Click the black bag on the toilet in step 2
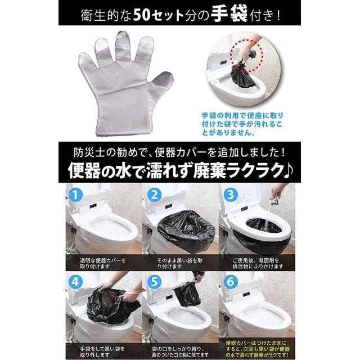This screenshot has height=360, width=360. tap(180, 229)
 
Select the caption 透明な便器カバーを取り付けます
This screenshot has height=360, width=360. tap(101, 263)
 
